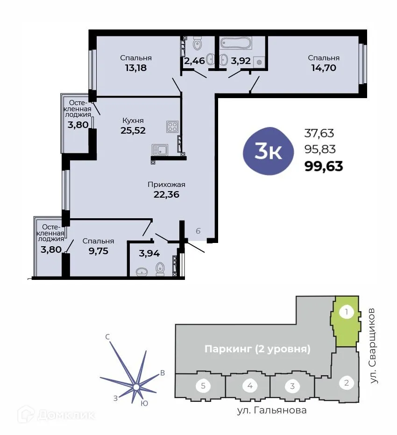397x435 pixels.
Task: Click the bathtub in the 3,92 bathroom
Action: (x=236, y=43)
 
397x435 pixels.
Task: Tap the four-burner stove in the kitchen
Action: (x=172, y=127)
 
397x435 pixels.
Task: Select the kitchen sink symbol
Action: (x=160, y=150)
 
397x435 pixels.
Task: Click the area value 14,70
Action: (x=323, y=67)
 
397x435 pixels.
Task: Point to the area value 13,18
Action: (x=135, y=67)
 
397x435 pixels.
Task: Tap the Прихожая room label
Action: (x=166, y=184)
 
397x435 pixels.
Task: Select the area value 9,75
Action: (x=98, y=250)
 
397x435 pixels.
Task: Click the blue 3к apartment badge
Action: (x=269, y=150)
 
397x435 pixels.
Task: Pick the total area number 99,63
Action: (x=324, y=166)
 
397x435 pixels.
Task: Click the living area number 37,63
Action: (x=319, y=134)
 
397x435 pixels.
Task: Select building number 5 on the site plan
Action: (x=203, y=386)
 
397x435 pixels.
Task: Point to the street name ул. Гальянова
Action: (x=271, y=411)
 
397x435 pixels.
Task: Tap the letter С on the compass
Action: (x=107, y=337)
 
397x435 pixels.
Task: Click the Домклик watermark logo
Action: (x=56, y=414)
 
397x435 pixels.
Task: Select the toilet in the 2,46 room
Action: (x=198, y=44)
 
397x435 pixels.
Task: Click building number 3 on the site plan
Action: (x=292, y=386)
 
